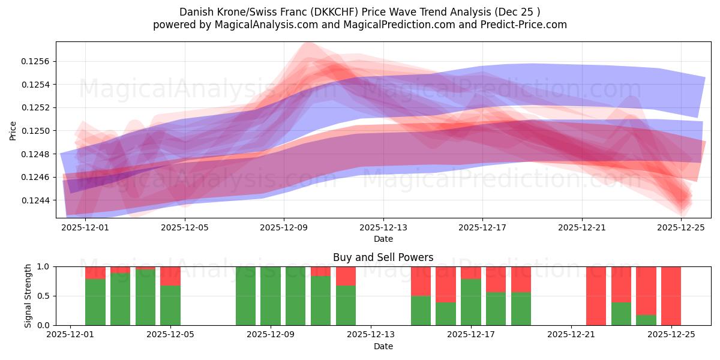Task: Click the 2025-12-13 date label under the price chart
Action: coord(383,227)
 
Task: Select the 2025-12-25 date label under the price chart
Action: coord(681,227)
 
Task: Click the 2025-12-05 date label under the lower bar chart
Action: coord(171,335)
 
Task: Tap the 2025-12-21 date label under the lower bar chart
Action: coord(571,335)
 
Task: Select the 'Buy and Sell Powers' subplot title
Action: coord(383,257)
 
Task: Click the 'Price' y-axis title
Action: coord(13,130)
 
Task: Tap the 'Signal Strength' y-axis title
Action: coord(28,296)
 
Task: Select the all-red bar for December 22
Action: coord(596,296)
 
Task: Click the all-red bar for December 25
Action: coord(671,296)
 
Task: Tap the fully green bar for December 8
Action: coord(246,296)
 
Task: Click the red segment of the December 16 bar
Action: coord(446,284)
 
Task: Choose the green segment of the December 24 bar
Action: coord(646,320)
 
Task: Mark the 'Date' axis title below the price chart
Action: coord(383,239)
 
